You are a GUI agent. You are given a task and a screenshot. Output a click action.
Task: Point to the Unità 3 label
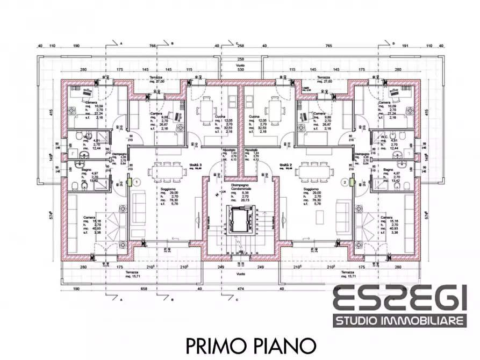click(194, 165)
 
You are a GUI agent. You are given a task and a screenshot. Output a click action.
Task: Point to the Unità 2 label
click(285, 165)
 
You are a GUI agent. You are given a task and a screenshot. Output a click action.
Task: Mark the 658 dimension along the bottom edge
click(143, 288)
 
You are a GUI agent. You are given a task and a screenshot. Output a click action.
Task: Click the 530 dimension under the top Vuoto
click(240, 70)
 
